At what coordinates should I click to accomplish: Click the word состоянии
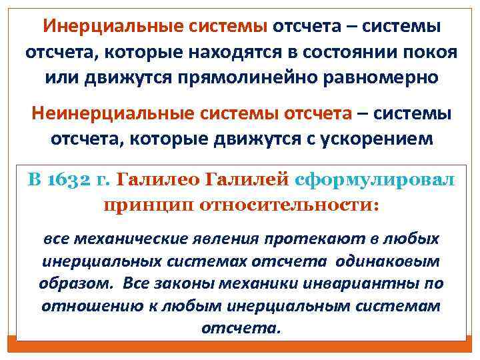(x=342, y=52)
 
